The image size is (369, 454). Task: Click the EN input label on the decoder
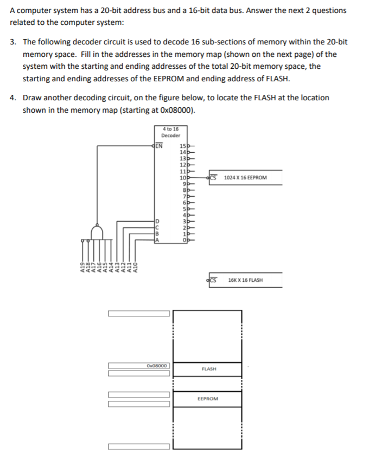pyautogui.click(x=158, y=145)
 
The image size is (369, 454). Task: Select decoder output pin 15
pyautogui.click(x=183, y=145)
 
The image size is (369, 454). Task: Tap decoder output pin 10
pyautogui.click(x=183, y=178)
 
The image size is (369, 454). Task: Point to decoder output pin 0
pyautogui.click(x=183, y=241)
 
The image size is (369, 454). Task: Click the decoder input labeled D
pyautogui.click(x=158, y=220)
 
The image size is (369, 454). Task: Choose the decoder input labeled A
pyautogui.click(x=158, y=241)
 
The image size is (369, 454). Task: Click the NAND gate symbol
pyautogui.click(x=97, y=232)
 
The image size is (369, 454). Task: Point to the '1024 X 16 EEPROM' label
pyautogui.click(x=245, y=177)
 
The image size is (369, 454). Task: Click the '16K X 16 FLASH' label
pyautogui.click(x=245, y=280)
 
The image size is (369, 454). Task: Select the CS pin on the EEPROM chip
pyautogui.click(x=213, y=177)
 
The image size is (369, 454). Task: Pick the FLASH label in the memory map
pyautogui.click(x=208, y=369)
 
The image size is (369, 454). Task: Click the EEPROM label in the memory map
pyautogui.click(x=208, y=399)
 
